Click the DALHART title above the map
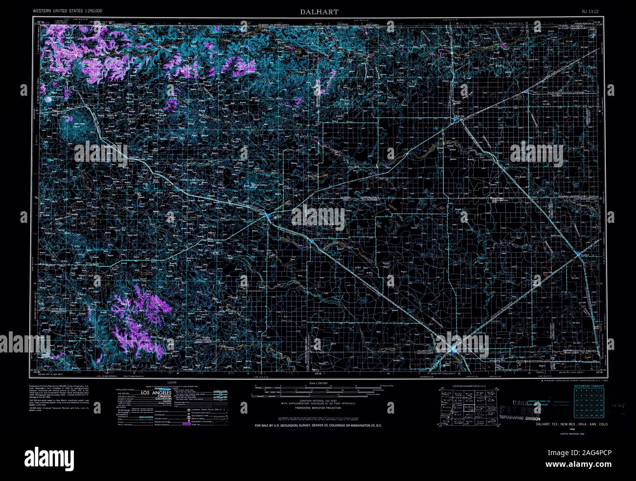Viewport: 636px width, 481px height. click(x=319, y=11)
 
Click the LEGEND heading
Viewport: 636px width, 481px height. click(x=171, y=383)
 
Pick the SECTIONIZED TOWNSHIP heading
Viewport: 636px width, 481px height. click(x=590, y=386)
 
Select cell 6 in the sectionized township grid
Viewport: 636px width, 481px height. click(x=577, y=391)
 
